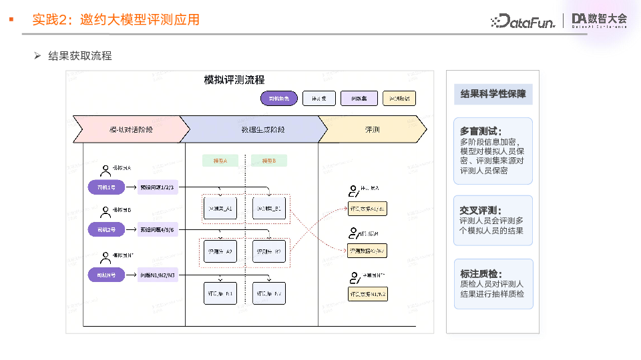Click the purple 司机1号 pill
click(x=106, y=187)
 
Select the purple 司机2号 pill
click(x=106, y=230)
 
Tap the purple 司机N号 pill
click(x=106, y=275)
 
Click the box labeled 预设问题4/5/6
click(x=158, y=230)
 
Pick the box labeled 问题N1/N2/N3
click(x=158, y=275)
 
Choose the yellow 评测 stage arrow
click(x=373, y=129)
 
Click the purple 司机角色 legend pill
click(x=278, y=99)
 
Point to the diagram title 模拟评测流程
click(x=234, y=80)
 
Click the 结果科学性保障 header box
click(x=493, y=94)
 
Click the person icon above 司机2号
click(x=105, y=212)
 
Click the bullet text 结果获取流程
click(x=80, y=56)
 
